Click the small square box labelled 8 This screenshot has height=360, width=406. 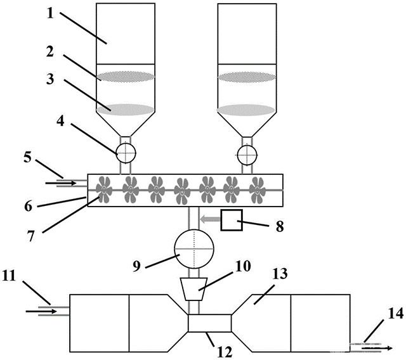tap(231, 221)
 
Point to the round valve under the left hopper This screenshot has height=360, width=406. tap(126, 153)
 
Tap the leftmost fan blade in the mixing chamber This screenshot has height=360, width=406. tap(105, 190)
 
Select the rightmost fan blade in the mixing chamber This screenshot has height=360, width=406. tap(256, 190)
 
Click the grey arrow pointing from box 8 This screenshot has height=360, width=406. tap(207, 220)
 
